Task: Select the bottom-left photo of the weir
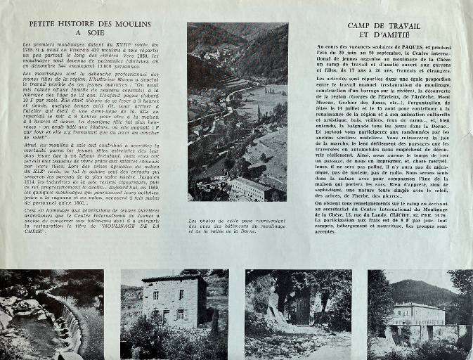coord(51,314)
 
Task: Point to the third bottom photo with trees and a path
coord(297,314)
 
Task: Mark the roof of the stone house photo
coord(175,280)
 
